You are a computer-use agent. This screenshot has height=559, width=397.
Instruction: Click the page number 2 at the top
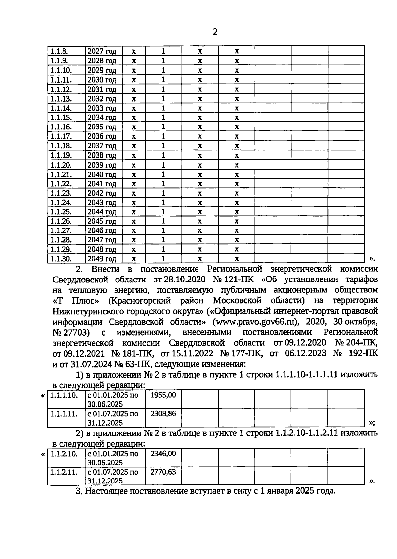tap(215, 32)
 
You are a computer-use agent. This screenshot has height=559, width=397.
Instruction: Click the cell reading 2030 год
tap(102, 80)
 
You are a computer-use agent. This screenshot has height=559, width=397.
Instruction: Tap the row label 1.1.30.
tap(61, 259)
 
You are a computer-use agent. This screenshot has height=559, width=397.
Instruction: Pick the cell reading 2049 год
tap(102, 259)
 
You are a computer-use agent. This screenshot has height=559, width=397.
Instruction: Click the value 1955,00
tap(163, 395)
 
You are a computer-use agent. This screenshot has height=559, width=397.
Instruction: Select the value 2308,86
tap(163, 414)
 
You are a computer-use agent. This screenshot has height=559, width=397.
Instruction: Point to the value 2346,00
tap(163, 454)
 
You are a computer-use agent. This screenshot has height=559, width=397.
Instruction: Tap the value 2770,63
tap(163, 472)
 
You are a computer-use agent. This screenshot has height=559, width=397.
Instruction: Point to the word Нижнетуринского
tap(88, 311)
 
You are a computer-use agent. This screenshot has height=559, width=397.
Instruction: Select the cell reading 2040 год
tap(102, 175)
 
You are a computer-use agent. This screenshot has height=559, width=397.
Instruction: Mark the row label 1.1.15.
tap(61, 118)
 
